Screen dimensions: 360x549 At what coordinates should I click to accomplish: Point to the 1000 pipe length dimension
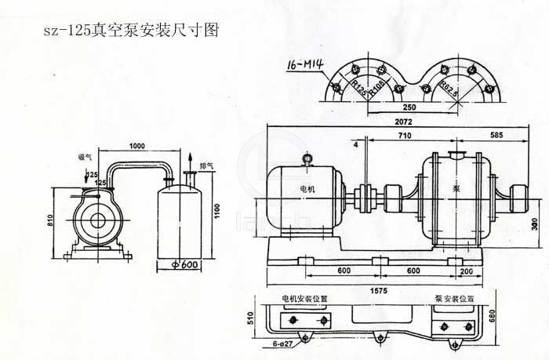pyautogui.click(x=138, y=147)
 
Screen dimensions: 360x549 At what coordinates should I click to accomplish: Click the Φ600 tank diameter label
pyautogui.click(x=182, y=264)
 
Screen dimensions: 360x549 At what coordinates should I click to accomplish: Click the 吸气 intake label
pyautogui.click(x=85, y=157)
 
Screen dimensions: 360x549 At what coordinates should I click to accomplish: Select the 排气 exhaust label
pyautogui.click(x=207, y=165)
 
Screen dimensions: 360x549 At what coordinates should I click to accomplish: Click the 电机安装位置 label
pyautogui.click(x=305, y=300)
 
